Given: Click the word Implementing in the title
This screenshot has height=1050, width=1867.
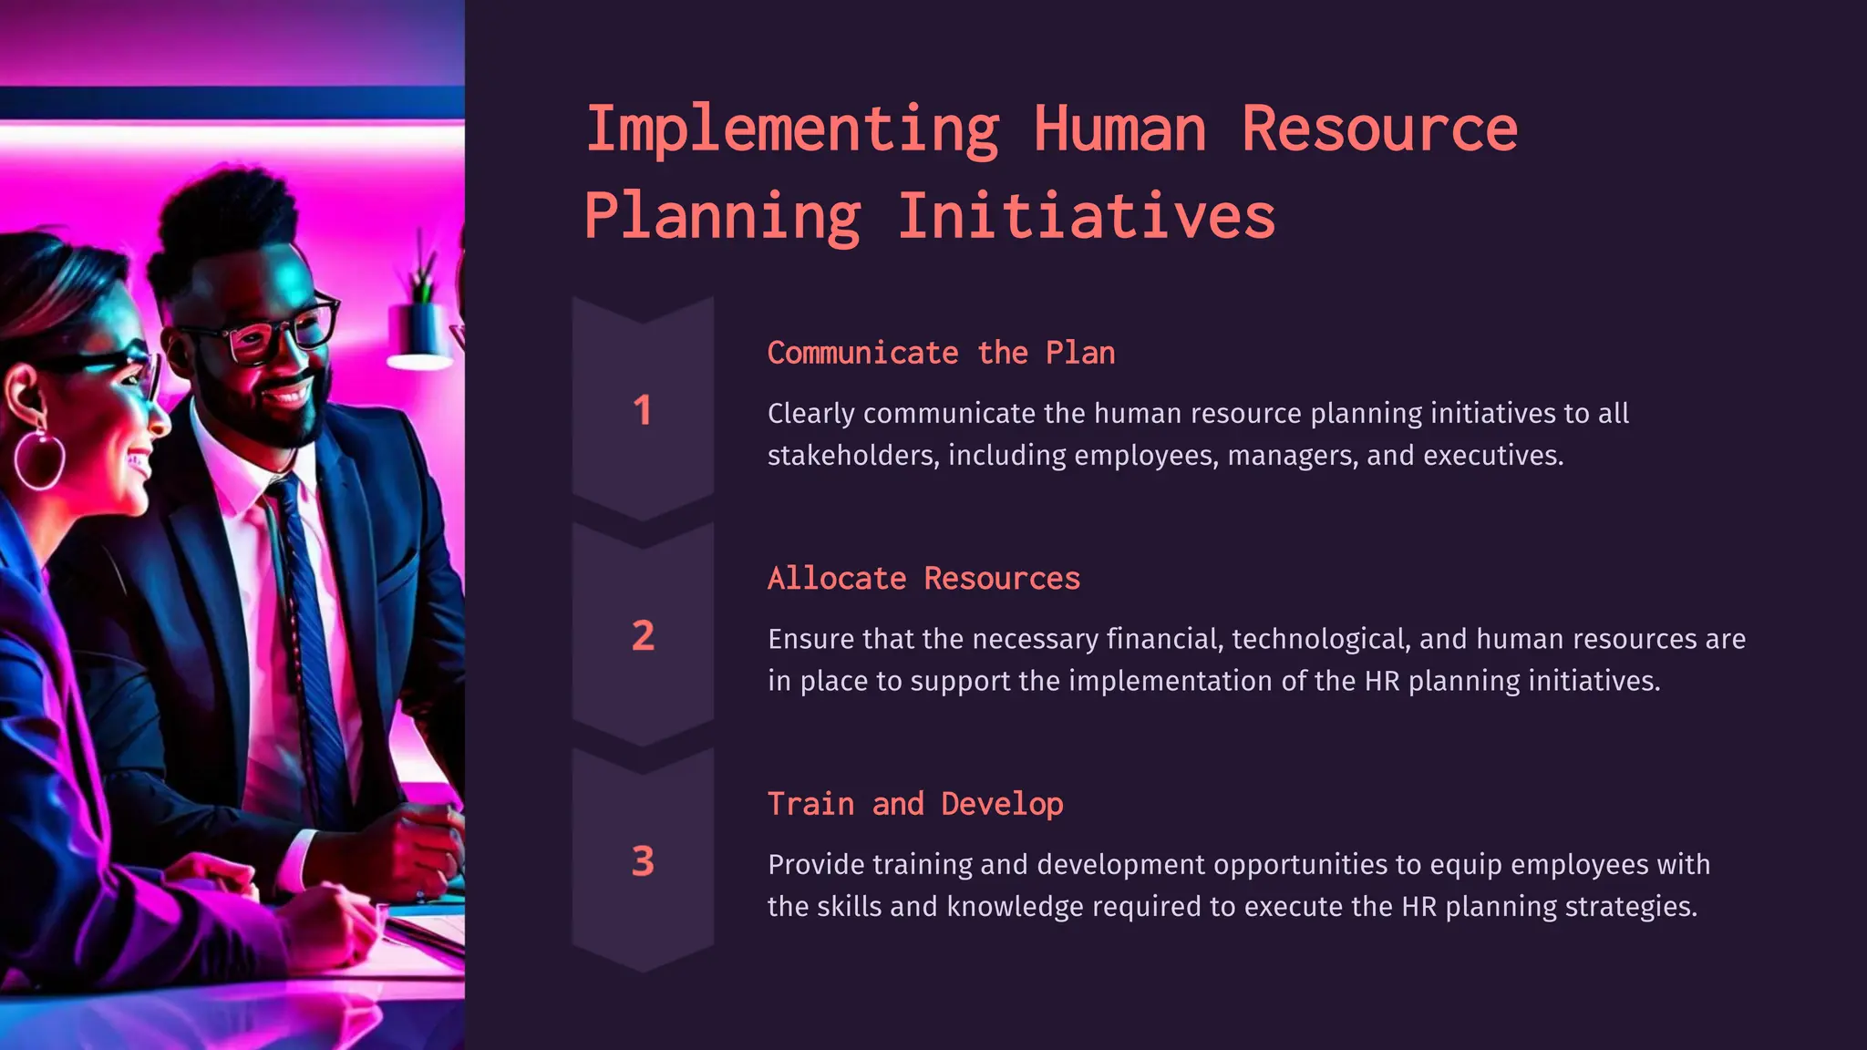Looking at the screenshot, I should pyautogui.click(x=791, y=130).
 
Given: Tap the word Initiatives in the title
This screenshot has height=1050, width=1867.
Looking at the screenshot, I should pyautogui.click(x=1086, y=217).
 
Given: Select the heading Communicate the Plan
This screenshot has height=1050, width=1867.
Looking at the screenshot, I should pyautogui.click(x=941, y=353).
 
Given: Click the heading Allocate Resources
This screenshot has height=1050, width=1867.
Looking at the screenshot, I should pyautogui.click(x=923, y=579).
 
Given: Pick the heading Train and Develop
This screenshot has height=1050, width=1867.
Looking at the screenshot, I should pyautogui.click(x=915, y=804).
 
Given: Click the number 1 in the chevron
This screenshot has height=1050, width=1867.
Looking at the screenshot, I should pyautogui.click(x=643, y=410).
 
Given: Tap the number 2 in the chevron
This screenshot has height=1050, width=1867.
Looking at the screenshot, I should pyautogui.click(x=643, y=635).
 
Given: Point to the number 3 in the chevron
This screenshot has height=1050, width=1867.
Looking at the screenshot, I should pyautogui.click(x=643, y=861).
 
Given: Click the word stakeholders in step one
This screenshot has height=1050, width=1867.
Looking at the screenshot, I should pyautogui.click(x=851, y=455).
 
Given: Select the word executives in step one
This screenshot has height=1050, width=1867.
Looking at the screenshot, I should pyautogui.click(x=1492, y=455).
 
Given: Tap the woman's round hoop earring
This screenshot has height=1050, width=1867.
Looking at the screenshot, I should pyautogui.click(x=39, y=460).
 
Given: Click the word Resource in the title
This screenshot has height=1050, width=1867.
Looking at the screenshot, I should pyautogui.click(x=1379, y=130).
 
